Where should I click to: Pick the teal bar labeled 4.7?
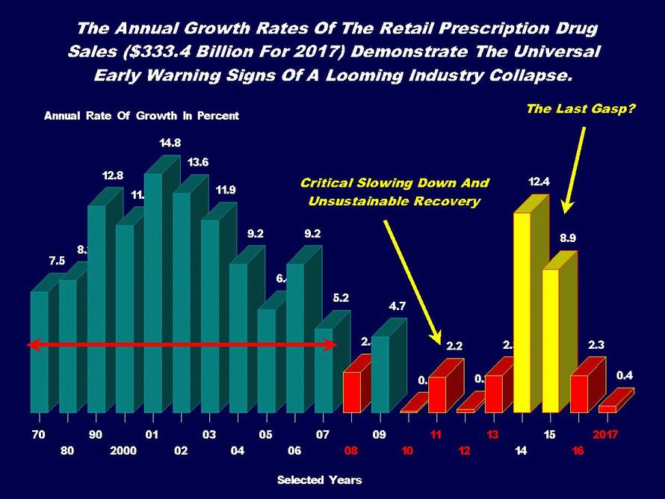tap(380, 374)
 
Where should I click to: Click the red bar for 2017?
tap(607, 409)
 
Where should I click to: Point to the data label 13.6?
tap(198, 161)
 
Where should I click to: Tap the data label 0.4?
tap(625, 376)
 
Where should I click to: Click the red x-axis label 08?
tap(350, 451)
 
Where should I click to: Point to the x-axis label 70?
tap(37, 434)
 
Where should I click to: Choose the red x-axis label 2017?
tap(606, 434)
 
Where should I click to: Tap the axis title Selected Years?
tap(319, 480)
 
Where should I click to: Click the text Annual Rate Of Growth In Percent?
tap(141, 116)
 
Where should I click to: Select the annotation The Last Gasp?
tap(580, 109)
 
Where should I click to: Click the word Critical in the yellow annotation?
tap(327, 183)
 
